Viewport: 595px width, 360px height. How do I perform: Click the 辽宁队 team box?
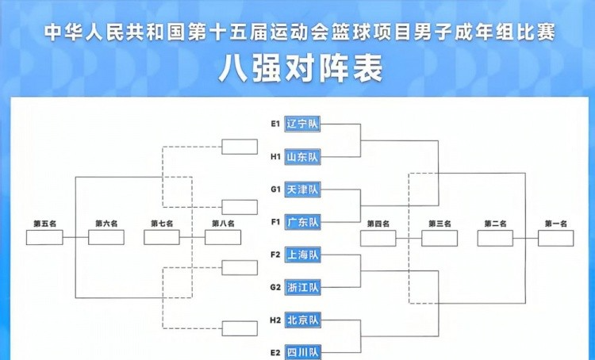(301, 124)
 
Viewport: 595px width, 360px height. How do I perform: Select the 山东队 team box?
(301, 157)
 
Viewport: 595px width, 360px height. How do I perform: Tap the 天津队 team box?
(301, 190)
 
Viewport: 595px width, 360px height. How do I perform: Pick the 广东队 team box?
(301, 222)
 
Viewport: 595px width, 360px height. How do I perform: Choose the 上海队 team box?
(301, 255)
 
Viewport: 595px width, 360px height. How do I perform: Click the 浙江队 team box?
(301, 287)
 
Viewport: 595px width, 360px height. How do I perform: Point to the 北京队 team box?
(301, 320)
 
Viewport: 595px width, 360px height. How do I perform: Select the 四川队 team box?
(301, 351)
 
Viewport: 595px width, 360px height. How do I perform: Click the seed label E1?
(275, 124)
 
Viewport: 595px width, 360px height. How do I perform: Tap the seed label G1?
(275, 190)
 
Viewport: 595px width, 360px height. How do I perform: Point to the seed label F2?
(275, 255)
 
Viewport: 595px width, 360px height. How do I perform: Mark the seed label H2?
(275, 320)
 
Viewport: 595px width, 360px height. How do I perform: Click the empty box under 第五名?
(44, 237)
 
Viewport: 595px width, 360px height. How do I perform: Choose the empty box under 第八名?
(223, 237)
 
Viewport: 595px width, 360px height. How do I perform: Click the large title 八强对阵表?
(300, 69)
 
